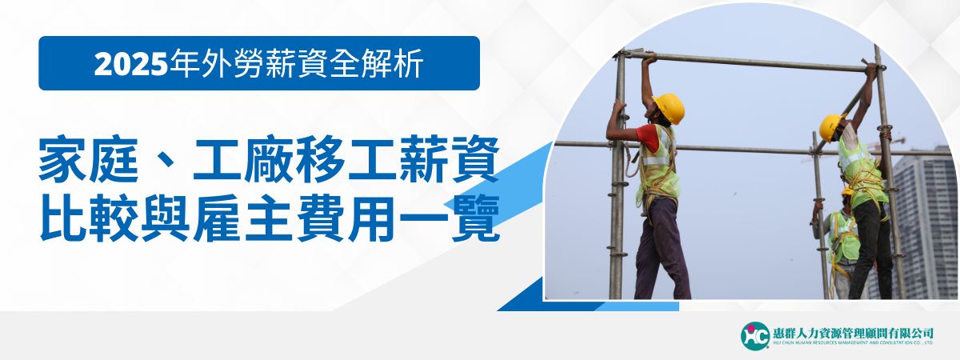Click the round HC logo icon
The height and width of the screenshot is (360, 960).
click(x=754, y=334)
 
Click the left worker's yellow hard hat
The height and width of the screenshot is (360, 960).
click(x=670, y=108)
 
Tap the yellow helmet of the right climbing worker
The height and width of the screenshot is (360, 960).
click(x=830, y=126)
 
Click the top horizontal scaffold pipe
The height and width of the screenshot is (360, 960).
click(x=752, y=62)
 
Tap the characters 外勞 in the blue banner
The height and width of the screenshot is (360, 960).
click(x=215, y=64)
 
